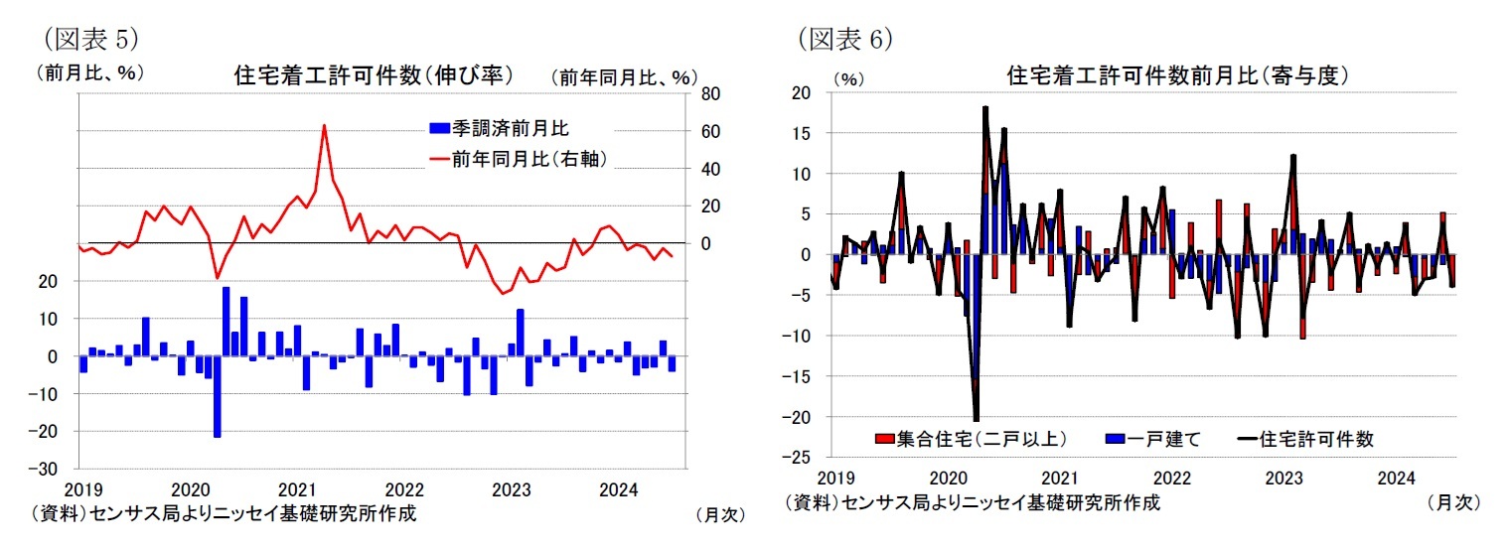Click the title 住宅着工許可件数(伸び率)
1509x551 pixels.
click(373, 74)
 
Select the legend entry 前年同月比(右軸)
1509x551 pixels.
click(516, 159)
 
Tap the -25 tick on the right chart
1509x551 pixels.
click(799, 458)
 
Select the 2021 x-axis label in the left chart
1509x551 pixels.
click(297, 489)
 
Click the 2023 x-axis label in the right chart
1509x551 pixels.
click(1284, 478)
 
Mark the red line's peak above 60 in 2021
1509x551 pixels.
click(324, 126)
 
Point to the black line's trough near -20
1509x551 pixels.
click(977, 419)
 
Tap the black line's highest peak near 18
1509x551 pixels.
click(984, 108)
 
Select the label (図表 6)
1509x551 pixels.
click(845, 38)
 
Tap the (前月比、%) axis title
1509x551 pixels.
click(90, 71)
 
